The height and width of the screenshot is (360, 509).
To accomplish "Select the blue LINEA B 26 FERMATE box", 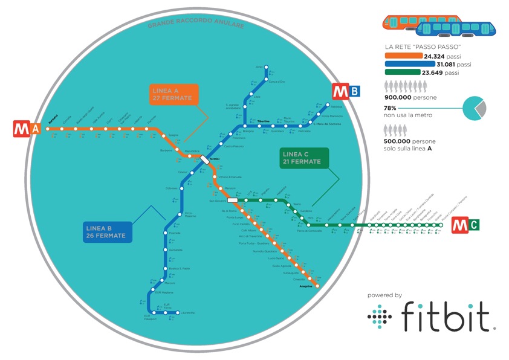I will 106,231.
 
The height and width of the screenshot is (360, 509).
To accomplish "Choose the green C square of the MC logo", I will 473,226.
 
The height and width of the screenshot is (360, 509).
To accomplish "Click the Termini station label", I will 216,159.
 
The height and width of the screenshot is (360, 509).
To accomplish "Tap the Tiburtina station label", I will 264,121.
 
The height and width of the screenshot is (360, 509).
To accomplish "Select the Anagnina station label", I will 306,286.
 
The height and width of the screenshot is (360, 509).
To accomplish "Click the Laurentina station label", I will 188,313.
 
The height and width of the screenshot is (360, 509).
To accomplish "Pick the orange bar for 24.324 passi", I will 403,56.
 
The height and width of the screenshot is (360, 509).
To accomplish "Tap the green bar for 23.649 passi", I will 402,72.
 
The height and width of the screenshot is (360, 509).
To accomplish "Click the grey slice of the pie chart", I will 482,108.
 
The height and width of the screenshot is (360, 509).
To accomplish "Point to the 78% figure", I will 391,108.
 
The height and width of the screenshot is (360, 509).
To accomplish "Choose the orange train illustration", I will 401,22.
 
